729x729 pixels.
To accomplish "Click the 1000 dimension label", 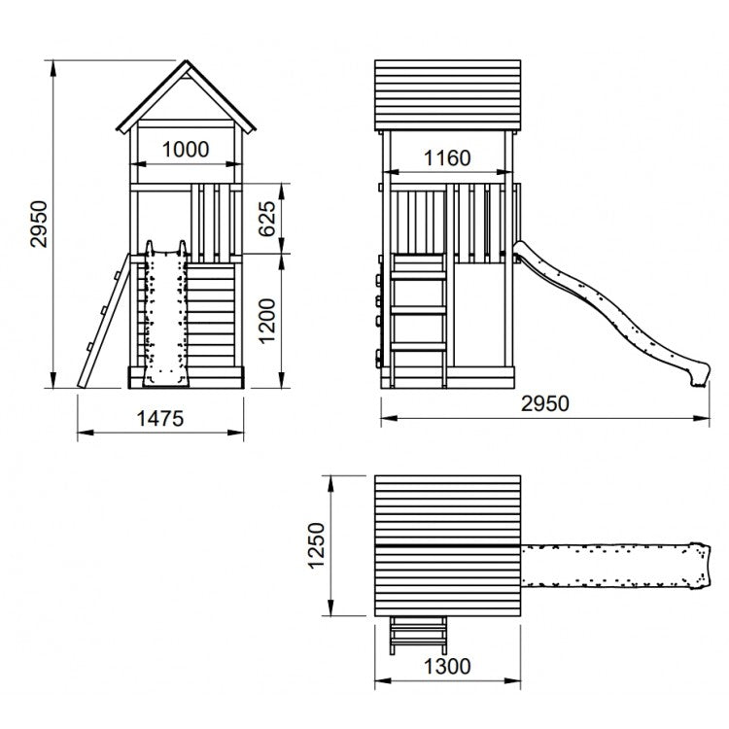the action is pos(186,150).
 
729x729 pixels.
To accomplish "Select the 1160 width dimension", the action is pos(447,158).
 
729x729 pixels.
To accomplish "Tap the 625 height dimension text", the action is pos(267,219).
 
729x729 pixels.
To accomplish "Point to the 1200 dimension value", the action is pos(267,321).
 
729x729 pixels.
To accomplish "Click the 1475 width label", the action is pos(160,419).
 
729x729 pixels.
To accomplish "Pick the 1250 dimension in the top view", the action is pos(317,546).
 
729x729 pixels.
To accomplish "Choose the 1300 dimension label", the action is pos(447,667).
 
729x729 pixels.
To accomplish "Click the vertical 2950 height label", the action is pos(39,225).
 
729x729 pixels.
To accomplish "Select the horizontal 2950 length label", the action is pos(545,403).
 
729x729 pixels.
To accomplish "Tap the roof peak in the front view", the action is pos(187,60).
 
